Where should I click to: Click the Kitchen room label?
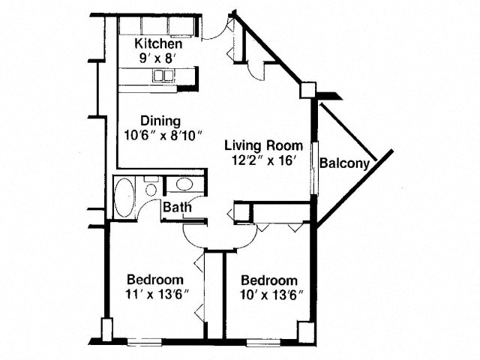pyautogui.click(x=158, y=43)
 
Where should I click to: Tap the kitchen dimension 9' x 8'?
pyautogui.click(x=157, y=58)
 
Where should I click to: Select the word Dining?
pyautogui.click(x=160, y=121)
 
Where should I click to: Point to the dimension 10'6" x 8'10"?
pyautogui.click(x=164, y=135)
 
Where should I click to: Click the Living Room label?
pyautogui.click(x=264, y=145)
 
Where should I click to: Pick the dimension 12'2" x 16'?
pyautogui.click(x=263, y=160)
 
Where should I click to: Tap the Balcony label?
pyautogui.click(x=345, y=163)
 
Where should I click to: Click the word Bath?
pyautogui.click(x=177, y=207)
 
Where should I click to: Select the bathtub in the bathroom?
pyautogui.click(x=124, y=198)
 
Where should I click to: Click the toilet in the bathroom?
pyautogui.click(x=151, y=187)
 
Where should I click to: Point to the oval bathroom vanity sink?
pyautogui.click(x=184, y=184)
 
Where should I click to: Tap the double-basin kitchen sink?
pyautogui.click(x=163, y=75)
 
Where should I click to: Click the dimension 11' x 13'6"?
pyautogui.click(x=156, y=295)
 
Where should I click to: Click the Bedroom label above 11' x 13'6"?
pyautogui.click(x=155, y=280)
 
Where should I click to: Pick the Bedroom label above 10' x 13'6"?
pyautogui.click(x=269, y=280)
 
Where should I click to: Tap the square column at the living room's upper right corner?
pyautogui.click(x=307, y=90)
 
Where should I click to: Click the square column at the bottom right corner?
pyautogui.click(x=307, y=333)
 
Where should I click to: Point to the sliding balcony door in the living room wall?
pyautogui.click(x=315, y=168)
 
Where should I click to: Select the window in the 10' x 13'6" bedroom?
pyautogui.click(x=263, y=342)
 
